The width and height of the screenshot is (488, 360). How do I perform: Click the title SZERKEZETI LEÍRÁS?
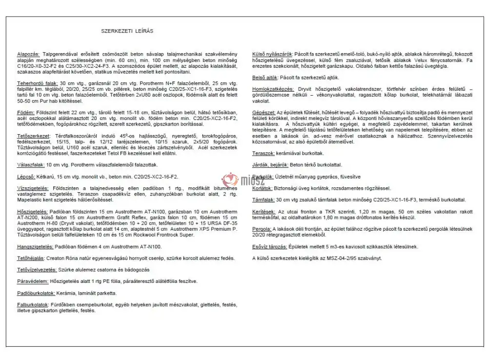[x=127, y=31]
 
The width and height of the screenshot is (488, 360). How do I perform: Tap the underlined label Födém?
[x=24, y=111]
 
